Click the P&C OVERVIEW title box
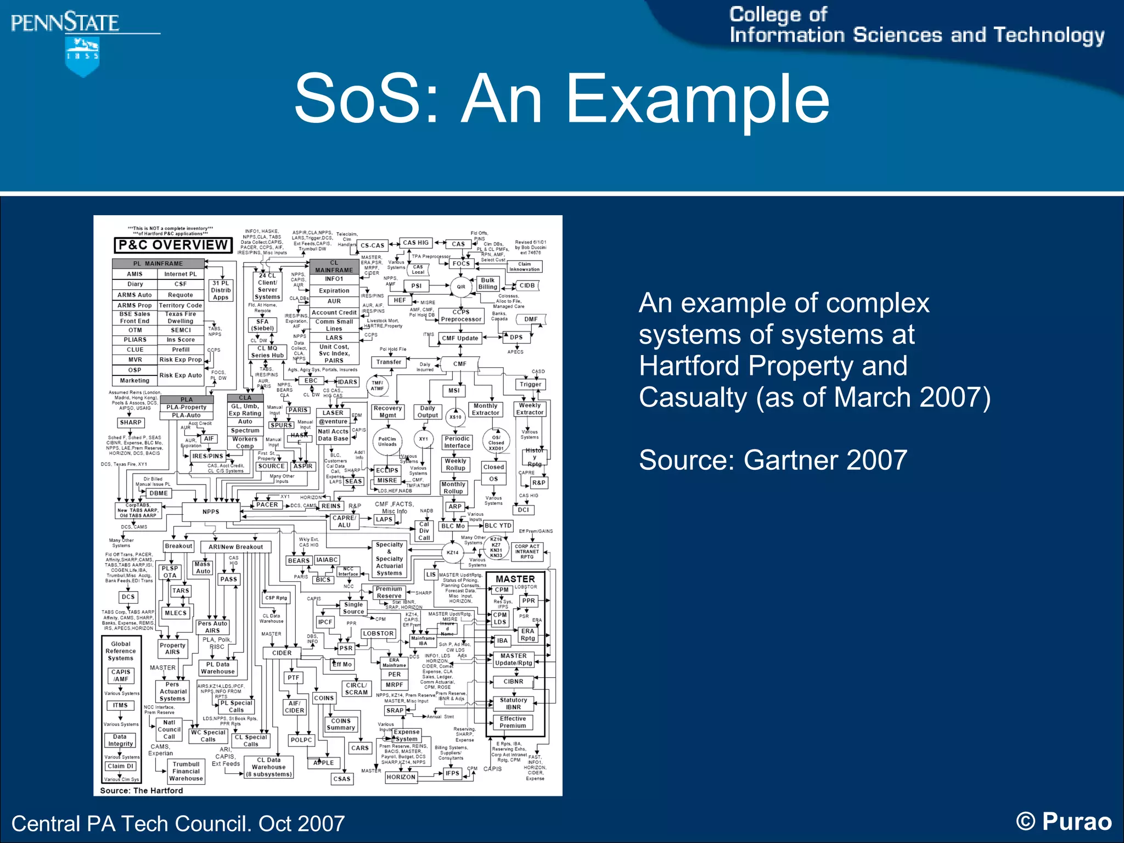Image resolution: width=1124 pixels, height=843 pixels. pyautogui.click(x=173, y=245)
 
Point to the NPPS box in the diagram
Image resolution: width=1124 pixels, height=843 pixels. pyautogui.click(x=211, y=512)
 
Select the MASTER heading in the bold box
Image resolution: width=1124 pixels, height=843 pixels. pyautogui.click(x=515, y=579)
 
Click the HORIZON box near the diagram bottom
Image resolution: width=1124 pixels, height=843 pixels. pyautogui.click(x=401, y=777)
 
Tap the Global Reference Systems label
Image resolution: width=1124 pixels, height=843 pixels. pyautogui.click(x=121, y=651)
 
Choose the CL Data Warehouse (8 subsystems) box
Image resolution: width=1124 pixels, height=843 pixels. pyautogui.click(x=269, y=767)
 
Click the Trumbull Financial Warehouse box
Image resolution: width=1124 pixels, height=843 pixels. pyautogui.click(x=186, y=771)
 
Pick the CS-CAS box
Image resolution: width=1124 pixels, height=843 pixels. pyautogui.click(x=372, y=245)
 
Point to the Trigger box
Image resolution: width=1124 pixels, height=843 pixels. pyautogui.click(x=530, y=384)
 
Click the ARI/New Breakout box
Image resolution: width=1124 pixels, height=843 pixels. pyautogui.click(x=235, y=547)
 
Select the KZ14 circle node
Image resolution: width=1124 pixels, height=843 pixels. pyautogui.click(x=452, y=553)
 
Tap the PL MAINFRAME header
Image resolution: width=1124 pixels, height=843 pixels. pyautogui.click(x=158, y=263)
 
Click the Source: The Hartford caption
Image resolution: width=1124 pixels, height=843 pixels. pyautogui.click(x=142, y=790)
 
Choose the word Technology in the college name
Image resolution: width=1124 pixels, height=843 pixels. pyautogui.click(x=1049, y=35)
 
